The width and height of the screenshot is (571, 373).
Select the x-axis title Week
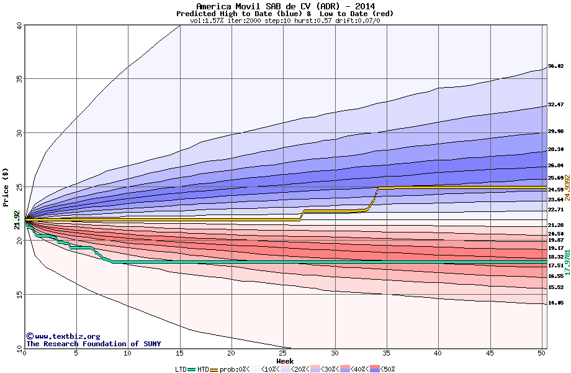[x=285, y=361]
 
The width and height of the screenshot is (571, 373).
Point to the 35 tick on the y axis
[x=19, y=79]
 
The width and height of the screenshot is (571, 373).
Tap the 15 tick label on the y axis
[x=19, y=295]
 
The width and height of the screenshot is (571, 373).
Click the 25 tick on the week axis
[x=283, y=353]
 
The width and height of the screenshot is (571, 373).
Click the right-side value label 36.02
[x=555, y=66]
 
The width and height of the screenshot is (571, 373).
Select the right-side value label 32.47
[x=555, y=104]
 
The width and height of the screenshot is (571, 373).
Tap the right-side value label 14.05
[x=555, y=303]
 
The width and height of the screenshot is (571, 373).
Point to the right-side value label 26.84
[x=555, y=165]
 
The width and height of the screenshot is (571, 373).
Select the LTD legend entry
[x=181, y=369]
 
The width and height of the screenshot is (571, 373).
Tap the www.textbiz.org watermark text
[x=63, y=336]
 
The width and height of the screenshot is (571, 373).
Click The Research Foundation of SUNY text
[x=93, y=344]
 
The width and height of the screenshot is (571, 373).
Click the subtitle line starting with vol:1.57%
[x=285, y=21]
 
